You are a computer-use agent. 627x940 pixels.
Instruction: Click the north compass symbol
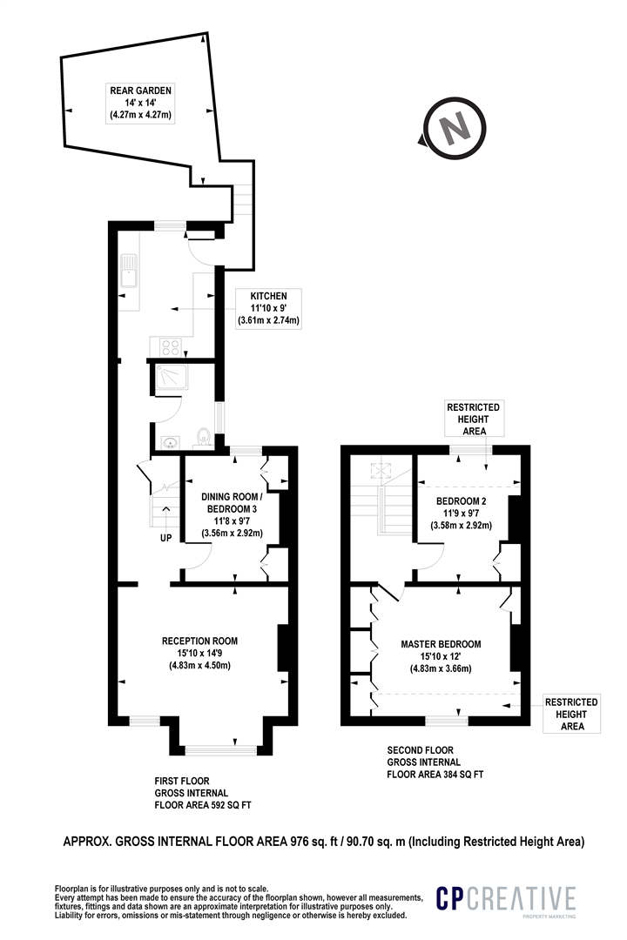(453, 128)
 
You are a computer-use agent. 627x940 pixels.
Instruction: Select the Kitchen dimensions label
(268, 308)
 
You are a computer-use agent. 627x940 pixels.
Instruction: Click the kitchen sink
(128, 272)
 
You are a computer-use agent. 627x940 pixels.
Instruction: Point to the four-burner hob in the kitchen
(171, 347)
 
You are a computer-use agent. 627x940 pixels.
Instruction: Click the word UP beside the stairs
(165, 538)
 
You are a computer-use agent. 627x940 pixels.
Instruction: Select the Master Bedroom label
(441, 656)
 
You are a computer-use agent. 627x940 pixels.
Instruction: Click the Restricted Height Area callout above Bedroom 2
(474, 419)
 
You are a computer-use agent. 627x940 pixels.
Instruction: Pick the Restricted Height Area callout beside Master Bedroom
(571, 714)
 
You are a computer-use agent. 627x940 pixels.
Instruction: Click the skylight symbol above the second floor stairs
(379, 471)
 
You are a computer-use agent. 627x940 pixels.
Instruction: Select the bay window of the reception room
(221, 749)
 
